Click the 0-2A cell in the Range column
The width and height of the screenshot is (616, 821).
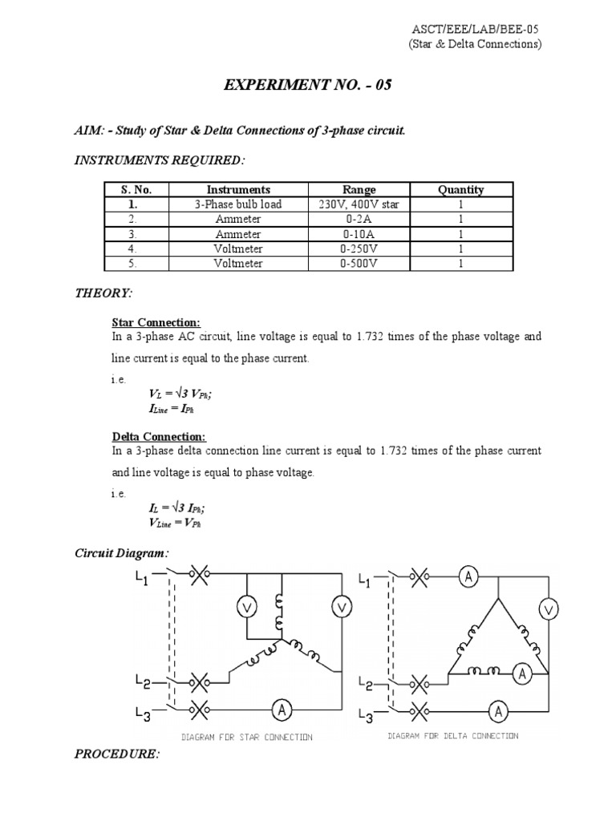359,219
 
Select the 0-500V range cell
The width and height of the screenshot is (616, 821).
359,263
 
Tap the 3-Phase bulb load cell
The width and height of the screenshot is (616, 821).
238,204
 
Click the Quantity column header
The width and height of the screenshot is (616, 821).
460,190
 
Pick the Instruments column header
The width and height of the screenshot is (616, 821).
238,190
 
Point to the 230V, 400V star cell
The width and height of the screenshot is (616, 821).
359,204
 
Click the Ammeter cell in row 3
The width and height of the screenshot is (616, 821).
238,234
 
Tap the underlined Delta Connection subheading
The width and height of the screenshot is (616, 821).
159,436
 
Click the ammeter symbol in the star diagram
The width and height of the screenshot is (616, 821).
281,708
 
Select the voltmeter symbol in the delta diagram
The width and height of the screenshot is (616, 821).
549,611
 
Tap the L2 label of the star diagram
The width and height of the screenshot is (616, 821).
141,683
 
